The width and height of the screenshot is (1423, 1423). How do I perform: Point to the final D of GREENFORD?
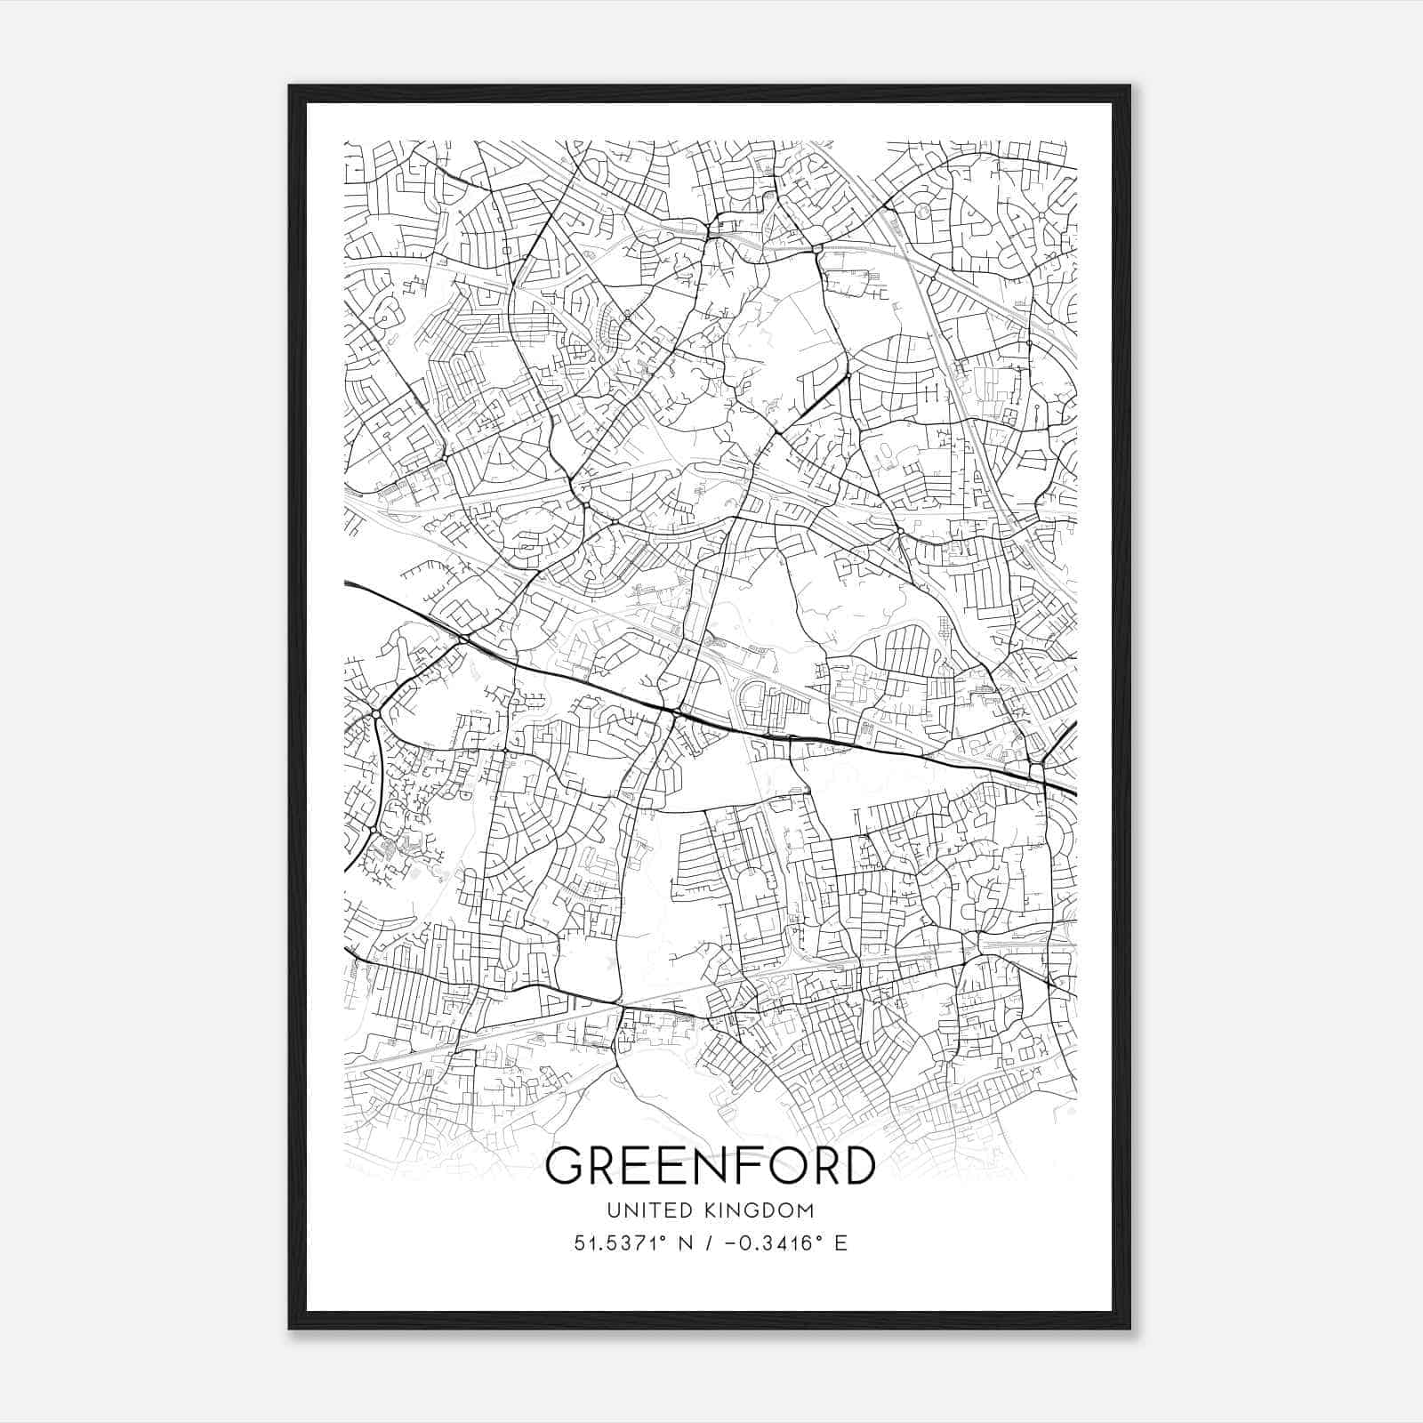[x=856, y=1166]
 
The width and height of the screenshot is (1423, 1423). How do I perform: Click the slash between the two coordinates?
[x=706, y=1243]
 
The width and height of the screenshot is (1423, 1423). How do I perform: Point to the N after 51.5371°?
[x=685, y=1243]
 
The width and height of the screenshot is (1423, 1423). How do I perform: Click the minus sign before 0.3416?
[x=732, y=1243]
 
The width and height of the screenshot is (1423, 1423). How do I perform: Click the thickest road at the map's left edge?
[x=348, y=583]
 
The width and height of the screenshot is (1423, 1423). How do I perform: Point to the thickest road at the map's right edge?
[x=1073, y=792]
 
